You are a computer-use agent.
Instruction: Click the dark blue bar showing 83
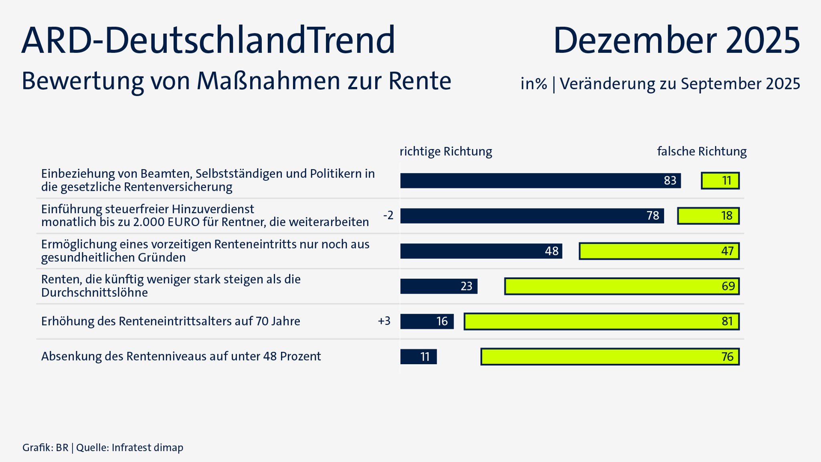pos(540,181)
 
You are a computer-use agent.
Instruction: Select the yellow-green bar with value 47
pos(659,251)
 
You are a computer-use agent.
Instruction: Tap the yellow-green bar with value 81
pos(601,321)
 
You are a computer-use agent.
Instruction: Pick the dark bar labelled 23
pos(439,286)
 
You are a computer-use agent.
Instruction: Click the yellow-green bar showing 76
pos(610,357)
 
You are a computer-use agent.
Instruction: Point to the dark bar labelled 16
pos(427,321)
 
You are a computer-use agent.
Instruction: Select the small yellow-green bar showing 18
pos(708,216)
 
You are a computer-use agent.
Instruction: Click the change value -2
pos(388,216)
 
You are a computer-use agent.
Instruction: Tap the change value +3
pos(384,321)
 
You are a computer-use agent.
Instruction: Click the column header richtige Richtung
pos(446,151)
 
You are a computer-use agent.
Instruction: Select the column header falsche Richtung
pos(702,151)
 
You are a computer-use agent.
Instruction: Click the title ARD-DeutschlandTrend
pos(208,40)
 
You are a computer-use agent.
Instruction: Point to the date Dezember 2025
pos(676,40)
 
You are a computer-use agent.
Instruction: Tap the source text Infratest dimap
pos(147,448)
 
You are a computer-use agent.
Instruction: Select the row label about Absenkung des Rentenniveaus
pos(181,356)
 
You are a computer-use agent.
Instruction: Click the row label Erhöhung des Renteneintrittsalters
pos(170,321)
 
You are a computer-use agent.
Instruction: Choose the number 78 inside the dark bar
pos(653,216)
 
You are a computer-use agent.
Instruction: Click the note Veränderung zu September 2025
pos(680,84)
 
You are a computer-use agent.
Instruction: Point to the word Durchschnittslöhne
pos(94,293)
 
